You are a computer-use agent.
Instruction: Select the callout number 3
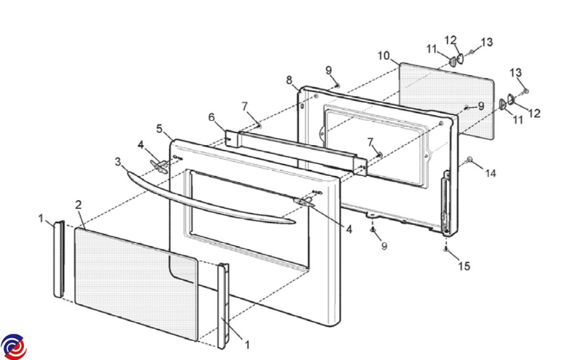118,162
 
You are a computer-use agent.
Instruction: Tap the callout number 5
160,129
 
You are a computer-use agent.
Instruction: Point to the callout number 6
212,117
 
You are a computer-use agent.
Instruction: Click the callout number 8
289,80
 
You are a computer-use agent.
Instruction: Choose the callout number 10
384,55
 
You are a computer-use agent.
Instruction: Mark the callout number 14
489,174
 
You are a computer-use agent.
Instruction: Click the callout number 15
464,266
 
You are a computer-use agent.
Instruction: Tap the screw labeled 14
470,159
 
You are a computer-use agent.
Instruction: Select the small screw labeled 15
446,249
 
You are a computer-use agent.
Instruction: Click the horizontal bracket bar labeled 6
297,151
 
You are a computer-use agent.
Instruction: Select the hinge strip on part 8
446,203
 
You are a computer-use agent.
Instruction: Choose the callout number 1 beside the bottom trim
247,343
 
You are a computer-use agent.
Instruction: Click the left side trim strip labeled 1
58,258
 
